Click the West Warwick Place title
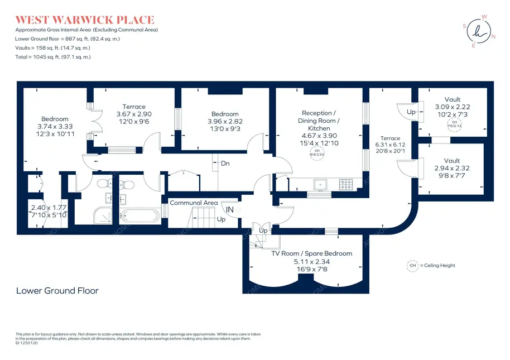click(x=85, y=20)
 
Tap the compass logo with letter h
click(x=478, y=31)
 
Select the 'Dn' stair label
click(x=225, y=164)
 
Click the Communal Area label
click(x=194, y=203)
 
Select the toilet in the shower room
click(x=103, y=184)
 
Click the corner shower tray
click(x=102, y=214)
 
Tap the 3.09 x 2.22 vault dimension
click(x=453, y=107)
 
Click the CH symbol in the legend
click(x=413, y=266)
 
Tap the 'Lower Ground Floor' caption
click(x=57, y=291)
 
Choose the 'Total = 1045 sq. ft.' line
click(x=53, y=57)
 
